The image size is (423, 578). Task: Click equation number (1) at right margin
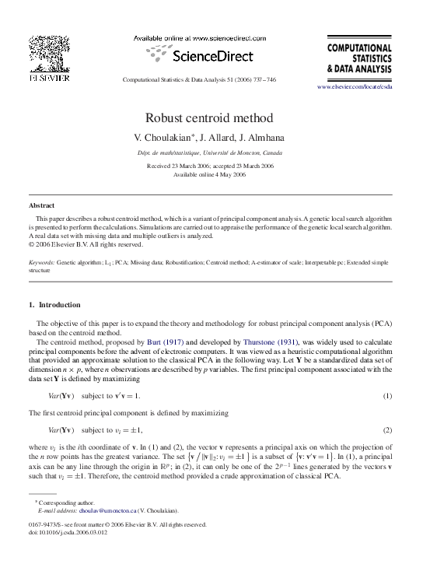pos(387,396)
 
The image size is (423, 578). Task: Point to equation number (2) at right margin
pos(387,429)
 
